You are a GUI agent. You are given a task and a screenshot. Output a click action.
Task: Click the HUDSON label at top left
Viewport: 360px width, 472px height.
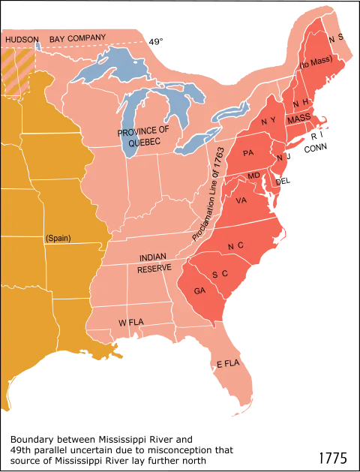[22, 38]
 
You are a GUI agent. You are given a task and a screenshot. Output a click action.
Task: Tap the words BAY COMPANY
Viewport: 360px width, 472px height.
[77, 38]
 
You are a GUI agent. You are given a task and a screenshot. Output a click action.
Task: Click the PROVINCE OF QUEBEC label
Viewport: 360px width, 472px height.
[143, 137]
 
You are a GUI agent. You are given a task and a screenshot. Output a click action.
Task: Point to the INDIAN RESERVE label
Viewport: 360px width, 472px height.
[154, 263]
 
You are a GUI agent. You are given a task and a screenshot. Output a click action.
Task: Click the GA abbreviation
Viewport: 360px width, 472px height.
[199, 290]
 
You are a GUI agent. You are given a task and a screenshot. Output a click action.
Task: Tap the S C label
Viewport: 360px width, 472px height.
[219, 274]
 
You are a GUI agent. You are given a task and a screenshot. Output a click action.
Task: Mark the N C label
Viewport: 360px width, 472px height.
[235, 245]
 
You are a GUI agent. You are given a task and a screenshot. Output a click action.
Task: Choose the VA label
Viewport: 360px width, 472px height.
[241, 200]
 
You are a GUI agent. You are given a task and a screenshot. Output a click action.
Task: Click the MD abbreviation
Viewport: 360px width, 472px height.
[253, 176]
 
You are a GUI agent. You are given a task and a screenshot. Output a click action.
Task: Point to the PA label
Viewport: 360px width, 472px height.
[248, 153]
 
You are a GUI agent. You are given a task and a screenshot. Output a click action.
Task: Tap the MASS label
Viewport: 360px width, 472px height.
[298, 119]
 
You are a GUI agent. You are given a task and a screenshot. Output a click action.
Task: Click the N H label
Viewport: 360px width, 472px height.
[300, 102]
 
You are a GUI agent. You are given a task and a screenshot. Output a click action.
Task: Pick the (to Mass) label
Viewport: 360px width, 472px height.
[313, 65]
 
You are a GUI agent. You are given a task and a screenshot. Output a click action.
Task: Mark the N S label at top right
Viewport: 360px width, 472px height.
[335, 37]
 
